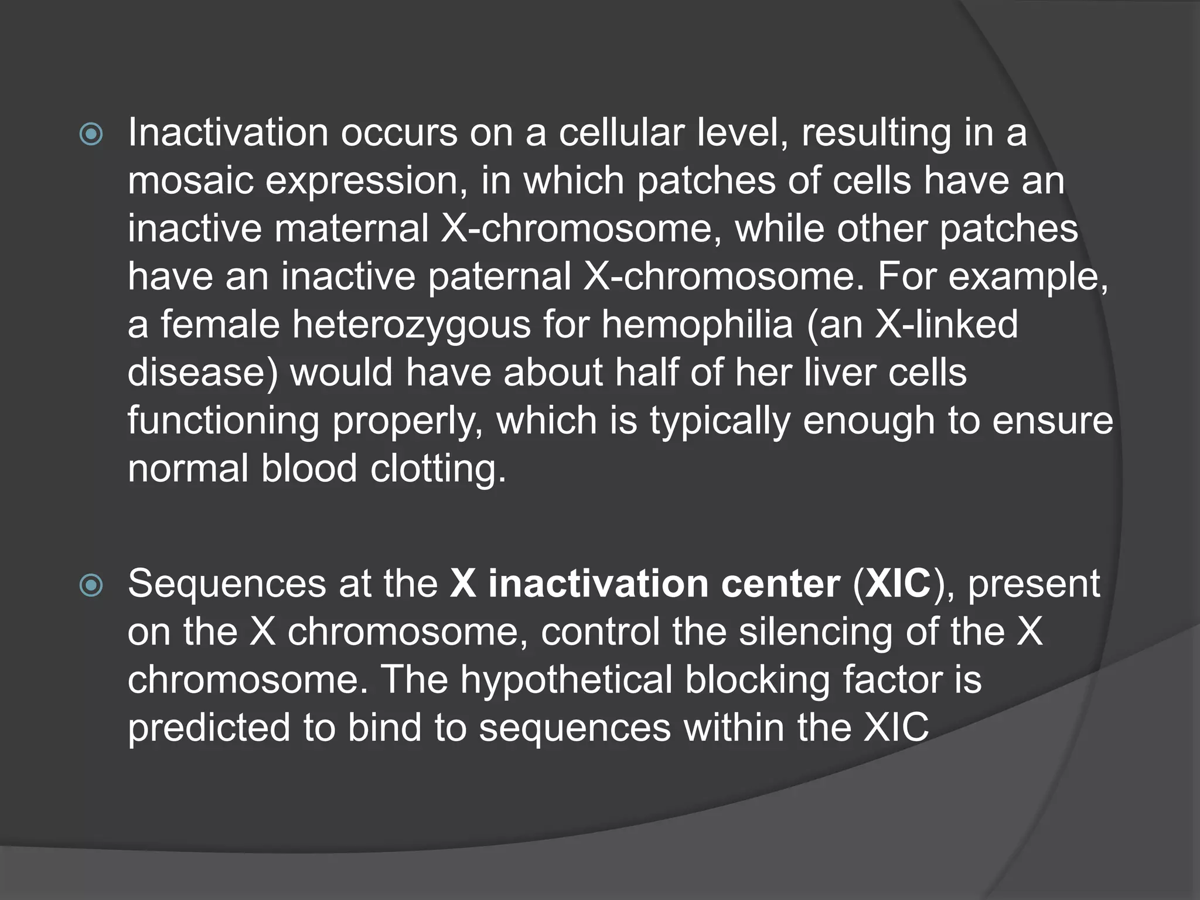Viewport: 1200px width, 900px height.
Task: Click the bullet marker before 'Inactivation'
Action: (x=91, y=135)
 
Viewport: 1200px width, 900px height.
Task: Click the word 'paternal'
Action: (x=499, y=277)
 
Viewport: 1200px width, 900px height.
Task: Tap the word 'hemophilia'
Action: (x=697, y=325)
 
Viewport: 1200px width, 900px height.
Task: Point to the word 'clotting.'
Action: (x=438, y=469)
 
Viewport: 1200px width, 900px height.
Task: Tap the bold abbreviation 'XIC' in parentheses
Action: (x=898, y=584)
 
